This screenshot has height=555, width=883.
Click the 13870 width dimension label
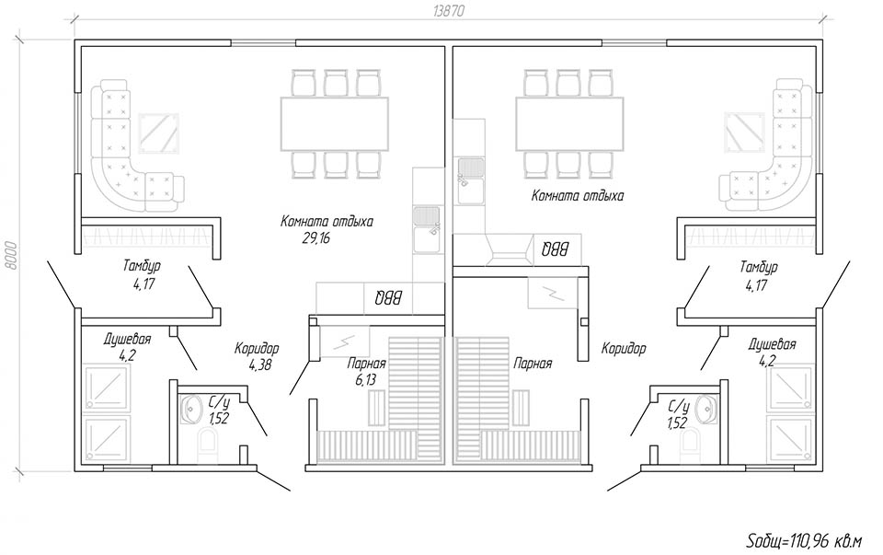click(x=449, y=11)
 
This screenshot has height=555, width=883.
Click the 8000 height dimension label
click(x=11, y=257)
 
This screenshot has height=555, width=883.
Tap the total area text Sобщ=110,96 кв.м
click(x=804, y=541)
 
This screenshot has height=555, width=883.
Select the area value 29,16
click(x=315, y=237)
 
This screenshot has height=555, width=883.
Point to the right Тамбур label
click(x=759, y=266)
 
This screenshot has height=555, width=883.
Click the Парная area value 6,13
click(x=365, y=380)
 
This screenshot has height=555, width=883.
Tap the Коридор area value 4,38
click(x=260, y=365)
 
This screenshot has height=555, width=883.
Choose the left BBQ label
click(x=388, y=297)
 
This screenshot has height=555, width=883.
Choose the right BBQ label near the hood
click(x=556, y=249)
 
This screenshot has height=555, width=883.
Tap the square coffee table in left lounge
click(x=159, y=133)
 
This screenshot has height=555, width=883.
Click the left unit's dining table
click(x=335, y=123)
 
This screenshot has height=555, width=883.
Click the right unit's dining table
click(x=570, y=123)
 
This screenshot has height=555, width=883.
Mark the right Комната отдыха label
click(x=578, y=196)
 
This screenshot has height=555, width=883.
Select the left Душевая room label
click(x=127, y=340)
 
